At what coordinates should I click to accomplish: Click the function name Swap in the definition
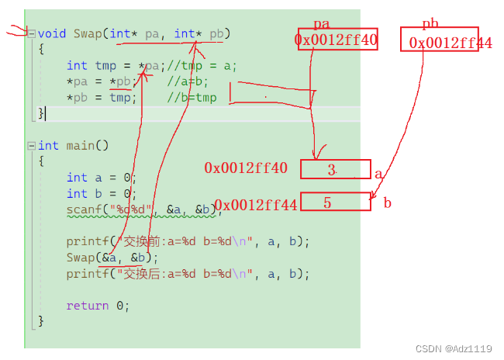click(88, 33)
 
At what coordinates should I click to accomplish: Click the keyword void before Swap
click(52, 33)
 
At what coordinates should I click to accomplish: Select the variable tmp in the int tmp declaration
click(105, 65)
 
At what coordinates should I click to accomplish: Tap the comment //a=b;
click(188, 81)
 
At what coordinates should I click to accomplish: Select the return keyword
click(87, 306)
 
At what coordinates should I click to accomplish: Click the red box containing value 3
click(335, 169)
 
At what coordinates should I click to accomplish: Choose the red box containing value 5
click(335, 202)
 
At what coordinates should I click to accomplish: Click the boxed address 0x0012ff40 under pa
click(336, 40)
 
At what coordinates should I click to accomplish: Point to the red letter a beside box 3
click(378, 175)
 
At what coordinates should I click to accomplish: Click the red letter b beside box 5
click(387, 203)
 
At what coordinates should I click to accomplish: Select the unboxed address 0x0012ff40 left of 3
click(246, 168)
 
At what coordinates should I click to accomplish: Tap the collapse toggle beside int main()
click(31, 145)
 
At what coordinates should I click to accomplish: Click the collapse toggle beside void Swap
click(31, 33)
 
